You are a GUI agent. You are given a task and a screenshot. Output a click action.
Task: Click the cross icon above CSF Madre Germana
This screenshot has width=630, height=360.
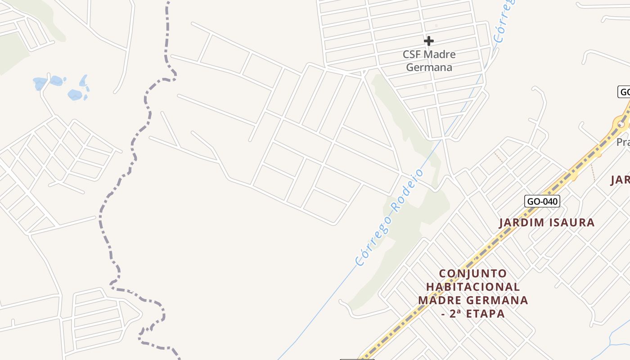pyautogui.click(x=429, y=41)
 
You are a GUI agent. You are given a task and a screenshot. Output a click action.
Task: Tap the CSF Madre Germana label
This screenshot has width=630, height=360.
pyautogui.click(x=429, y=61)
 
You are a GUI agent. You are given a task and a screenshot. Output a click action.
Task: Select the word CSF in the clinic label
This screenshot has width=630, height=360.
pyautogui.click(x=412, y=54)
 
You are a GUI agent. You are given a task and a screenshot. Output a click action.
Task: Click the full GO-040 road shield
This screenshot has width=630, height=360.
pyautogui.click(x=542, y=201)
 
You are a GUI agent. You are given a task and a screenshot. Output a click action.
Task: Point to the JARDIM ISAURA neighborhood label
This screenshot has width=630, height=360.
pyautogui.click(x=547, y=222)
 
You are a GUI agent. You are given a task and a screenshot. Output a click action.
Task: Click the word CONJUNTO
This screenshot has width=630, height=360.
pyautogui.click(x=472, y=274)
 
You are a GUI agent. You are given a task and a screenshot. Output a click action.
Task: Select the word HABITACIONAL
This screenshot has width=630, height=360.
pyautogui.click(x=472, y=287)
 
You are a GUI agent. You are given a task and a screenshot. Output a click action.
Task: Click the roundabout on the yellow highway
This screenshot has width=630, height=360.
pyautogui.click(x=621, y=123)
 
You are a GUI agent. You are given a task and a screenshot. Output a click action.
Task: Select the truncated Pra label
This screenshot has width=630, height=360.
pyautogui.click(x=623, y=142)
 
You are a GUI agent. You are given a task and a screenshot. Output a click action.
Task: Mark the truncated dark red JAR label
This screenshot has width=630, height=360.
pyautogui.click(x=620, y=180)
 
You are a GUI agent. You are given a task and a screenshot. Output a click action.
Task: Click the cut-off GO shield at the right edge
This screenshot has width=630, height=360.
pyautogui.click(x=624, y=92)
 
